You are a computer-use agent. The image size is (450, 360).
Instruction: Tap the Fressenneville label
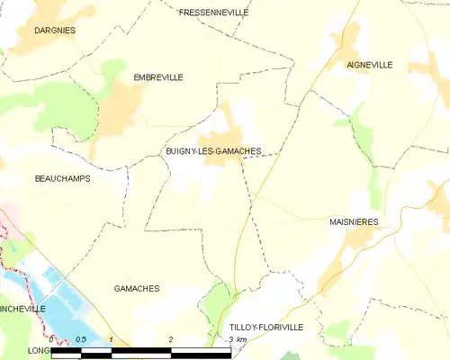coord(213,13)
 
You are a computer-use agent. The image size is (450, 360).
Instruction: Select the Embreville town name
coord(157,77)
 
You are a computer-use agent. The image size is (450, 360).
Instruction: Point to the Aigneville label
coord(369,65)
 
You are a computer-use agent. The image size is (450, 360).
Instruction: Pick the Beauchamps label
coord(62,178)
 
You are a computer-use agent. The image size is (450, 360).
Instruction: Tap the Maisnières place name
coord(354,220)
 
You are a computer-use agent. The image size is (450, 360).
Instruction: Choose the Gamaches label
coord(137,288)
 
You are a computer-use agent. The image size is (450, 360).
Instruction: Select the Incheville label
coord(22,308)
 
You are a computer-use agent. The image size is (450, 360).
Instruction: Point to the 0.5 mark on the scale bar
coord(80,339)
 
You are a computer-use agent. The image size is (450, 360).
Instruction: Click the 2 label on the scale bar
coord(170,339)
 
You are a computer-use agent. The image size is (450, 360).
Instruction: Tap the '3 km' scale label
coord(236,339)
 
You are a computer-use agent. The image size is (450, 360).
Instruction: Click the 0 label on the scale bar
coord(51,339)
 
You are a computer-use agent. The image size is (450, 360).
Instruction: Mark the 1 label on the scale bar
coord(110,339)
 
